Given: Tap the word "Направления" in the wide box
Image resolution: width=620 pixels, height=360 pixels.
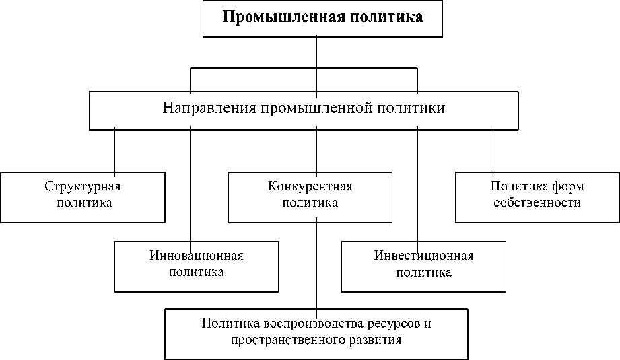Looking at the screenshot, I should [x=207, y=108].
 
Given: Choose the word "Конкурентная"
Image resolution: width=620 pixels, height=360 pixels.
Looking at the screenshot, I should [x=310, y=186].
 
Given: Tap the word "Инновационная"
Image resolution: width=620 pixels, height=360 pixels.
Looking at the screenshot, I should [x=196, y=256].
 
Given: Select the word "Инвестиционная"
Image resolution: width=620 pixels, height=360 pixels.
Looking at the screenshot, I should [x=423, y=256].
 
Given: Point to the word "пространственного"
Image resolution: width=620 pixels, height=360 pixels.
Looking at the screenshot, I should [x=283, y=340].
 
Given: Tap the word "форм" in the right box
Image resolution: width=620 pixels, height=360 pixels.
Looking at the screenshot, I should [x=568, y=186].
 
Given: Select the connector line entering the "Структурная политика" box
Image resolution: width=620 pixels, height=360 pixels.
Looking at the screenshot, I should [x=114, y=150].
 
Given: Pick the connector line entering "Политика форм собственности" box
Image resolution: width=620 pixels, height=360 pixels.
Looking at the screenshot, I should [x=493, y=150].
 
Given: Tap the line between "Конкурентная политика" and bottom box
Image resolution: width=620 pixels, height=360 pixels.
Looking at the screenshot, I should [x=316, y=265].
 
